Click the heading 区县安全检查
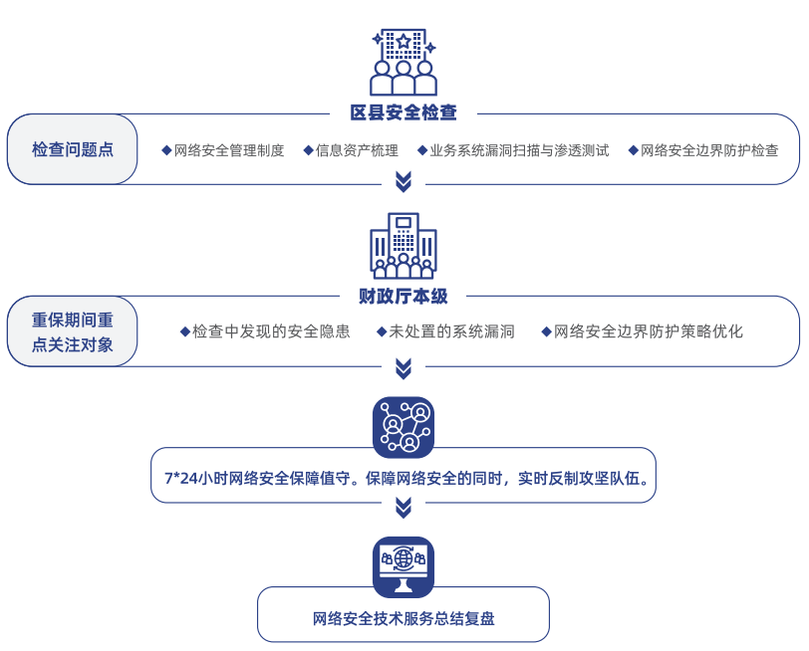(404, 113)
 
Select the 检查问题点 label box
(73, 149)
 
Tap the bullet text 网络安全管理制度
(228, 151)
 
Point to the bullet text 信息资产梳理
(357, 151)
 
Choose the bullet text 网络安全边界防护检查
(709, 151)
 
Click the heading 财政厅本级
(404, 296)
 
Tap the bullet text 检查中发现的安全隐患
(271, 332)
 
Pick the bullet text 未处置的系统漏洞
(451, 332)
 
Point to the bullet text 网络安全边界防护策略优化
(649, 332)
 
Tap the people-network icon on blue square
(404, 426)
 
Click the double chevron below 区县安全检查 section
(404, 181)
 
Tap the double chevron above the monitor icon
(404, 509)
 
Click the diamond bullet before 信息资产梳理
(309, 151)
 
